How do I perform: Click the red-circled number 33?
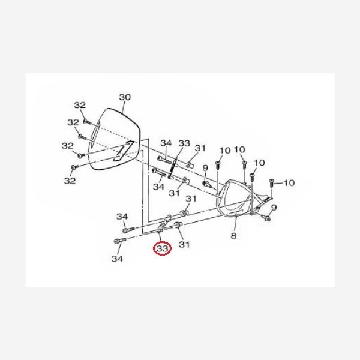(163, 248)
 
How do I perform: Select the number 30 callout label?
(125, 97)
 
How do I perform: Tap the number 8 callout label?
(233, 236)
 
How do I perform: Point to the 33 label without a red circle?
(184, 143)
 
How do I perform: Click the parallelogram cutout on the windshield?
(124, 151)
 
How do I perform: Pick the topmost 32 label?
(80, 105)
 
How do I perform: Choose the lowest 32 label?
(70, 181)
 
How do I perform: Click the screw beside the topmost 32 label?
(87, 122)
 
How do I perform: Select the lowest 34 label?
(117, 259)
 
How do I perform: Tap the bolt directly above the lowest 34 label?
(120, 241)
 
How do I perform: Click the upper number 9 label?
(205, 168)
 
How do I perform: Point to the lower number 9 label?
(274, 208)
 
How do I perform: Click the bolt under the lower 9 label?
(267, 218)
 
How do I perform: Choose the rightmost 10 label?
(289, 183)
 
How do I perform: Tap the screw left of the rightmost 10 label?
(272, 184)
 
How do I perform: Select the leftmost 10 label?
(225, 151)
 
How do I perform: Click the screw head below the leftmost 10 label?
(218, 163)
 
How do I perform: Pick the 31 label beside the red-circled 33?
(184, 244)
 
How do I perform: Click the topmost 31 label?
(200, 148)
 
